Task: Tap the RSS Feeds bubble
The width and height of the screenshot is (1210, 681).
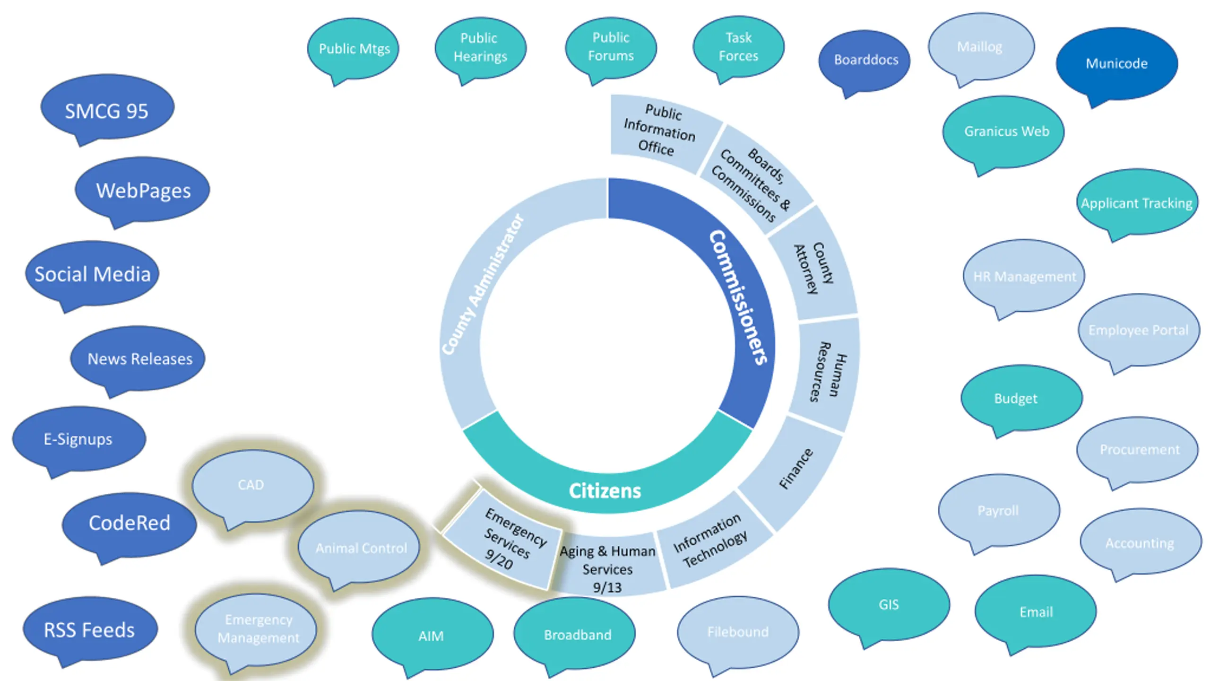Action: pyautogui.click(x=90, y=629)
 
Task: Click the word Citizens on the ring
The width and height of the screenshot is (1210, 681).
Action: pyautogui.click(x=605, y=491)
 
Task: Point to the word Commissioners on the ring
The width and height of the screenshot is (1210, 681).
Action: pyautogui.click(x=739, y=297)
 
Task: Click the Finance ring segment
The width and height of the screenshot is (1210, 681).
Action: pyautogui.click(x=794, y=471)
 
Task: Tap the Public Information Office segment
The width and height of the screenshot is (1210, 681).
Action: pyautogui.click(x=662, y=132)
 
